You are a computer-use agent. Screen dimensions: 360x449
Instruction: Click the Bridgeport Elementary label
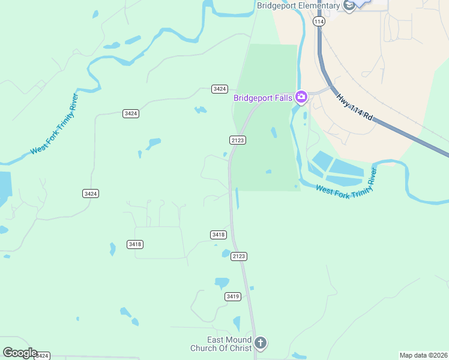click(x=298, y=6)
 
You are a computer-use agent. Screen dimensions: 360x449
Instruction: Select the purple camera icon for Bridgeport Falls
click(x=301, y=97)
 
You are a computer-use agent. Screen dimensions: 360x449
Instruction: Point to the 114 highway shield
click(x=319, y=21)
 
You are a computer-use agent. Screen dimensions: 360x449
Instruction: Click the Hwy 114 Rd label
click(x=355, y=109)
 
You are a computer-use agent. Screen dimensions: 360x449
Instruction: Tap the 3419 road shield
click(x=233, y=296)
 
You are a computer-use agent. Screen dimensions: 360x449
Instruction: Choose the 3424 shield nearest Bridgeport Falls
click(x=220, y=89)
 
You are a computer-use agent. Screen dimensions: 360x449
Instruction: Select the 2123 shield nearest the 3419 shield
click(x=239, y=256)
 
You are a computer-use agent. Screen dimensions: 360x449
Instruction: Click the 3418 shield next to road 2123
click(x=218, y=235)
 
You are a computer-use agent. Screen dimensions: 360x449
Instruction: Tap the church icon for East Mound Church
click(x=260, y=343)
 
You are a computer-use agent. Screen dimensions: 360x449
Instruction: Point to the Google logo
click(x=19, y=353)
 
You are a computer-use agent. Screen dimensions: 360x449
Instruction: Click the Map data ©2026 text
click(x=424, y=355)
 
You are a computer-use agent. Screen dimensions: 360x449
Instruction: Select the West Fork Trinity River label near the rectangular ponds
click(x=346, y=184)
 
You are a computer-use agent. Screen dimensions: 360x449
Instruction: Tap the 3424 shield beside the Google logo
click(x=41, y=356)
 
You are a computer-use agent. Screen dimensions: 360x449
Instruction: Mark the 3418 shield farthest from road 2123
click(x=135, y=244)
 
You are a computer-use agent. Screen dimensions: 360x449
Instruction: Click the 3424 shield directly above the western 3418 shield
click(x=91, y=193)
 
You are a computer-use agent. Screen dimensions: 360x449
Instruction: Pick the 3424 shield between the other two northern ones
click(x=131, y=113)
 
